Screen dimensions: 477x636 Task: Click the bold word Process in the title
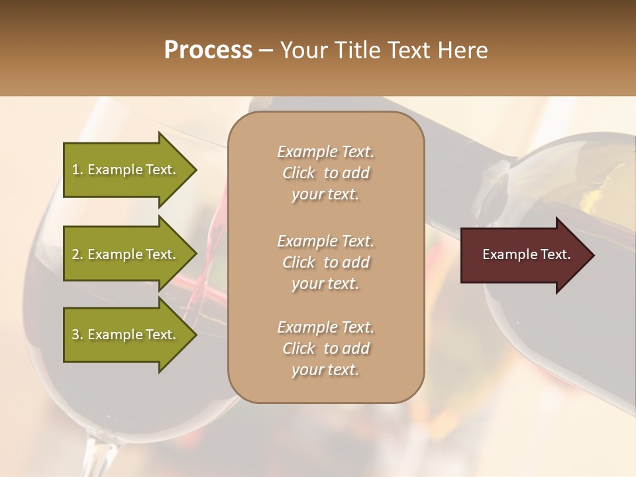click(x=208, y=50)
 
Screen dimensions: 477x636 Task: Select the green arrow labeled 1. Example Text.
click(x=126, y=170)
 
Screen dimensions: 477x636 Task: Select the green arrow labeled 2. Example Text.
click(x=126, y=254)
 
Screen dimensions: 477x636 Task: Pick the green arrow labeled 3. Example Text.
click(x=126, y=335)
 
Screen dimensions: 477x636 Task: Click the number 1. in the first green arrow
click(x=78, y=170)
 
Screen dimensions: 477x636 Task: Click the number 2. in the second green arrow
click(x=78, y=254)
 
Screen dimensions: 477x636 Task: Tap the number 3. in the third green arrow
click(x=78, y=335)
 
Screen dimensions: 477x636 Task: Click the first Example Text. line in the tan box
click(x=325, y=152)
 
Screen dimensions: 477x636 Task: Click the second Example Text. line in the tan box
click(x=325, y=240)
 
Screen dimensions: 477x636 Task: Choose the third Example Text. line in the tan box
click(x=325, y=327)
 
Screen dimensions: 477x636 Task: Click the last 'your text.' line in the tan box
click(x=325, y=370)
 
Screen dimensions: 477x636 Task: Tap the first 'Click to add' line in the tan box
click(x=325, y=173)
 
